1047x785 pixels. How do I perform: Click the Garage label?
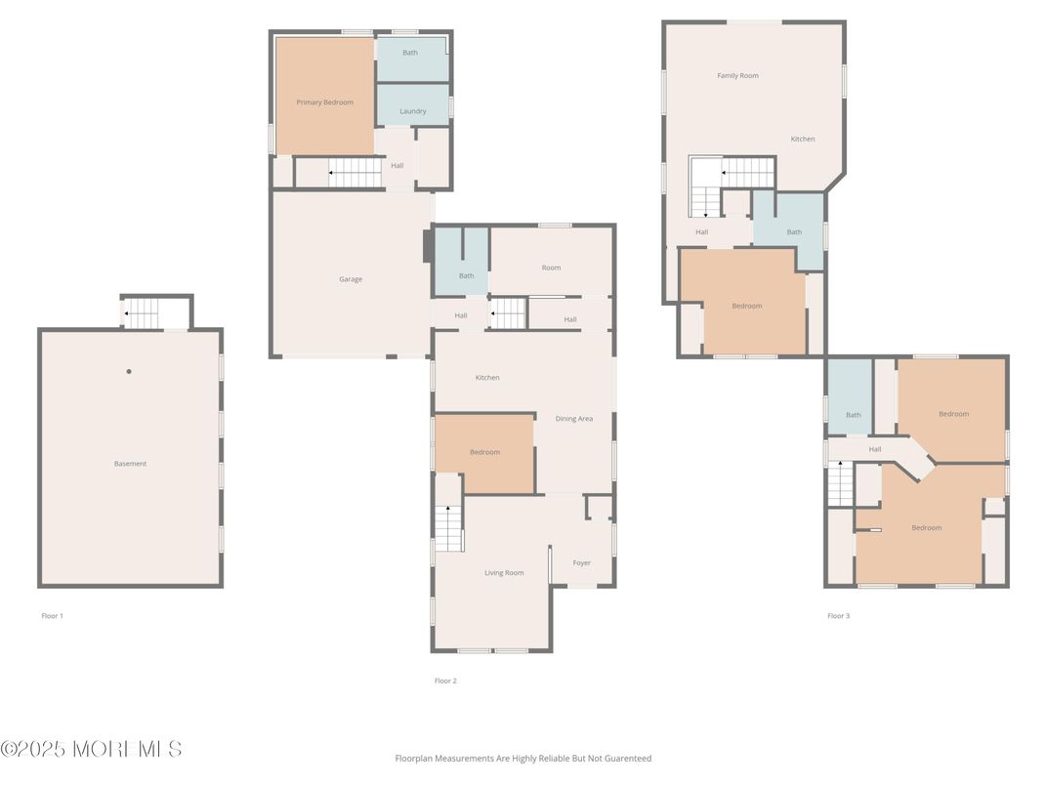[x=351, y=279]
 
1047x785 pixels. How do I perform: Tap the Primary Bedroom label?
[x=324, y=103]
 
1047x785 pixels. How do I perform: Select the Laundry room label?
[x=413, y=111]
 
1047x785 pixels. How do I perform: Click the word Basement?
[x=130, y=463]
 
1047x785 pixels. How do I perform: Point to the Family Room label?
[x=737, y=75]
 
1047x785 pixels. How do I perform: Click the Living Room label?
[x=504, y=573]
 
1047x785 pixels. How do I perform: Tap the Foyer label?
[x=581, y=562]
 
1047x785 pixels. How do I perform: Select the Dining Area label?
[x=574, y=419]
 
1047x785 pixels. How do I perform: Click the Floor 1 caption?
[x=52, y=615]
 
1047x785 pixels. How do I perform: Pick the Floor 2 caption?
[x=445, y=681]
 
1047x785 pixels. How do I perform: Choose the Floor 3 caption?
[x=839, y=615]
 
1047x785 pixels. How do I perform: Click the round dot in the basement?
[x=129, y=371]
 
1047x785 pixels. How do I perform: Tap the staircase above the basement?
[x=142, y=313]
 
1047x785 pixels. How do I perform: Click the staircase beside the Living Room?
[x=448, y=528]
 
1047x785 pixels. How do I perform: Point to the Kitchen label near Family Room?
[x=803, y=139]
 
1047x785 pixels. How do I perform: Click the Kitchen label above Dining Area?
[x=487, y=378]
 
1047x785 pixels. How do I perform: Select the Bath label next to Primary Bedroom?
[x=410, y=52]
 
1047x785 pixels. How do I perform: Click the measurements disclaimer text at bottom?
[x=523, y=759]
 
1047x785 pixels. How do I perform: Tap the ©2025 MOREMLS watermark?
[x=92, y=749]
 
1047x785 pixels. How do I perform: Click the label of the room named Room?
[x=551, y=268]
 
